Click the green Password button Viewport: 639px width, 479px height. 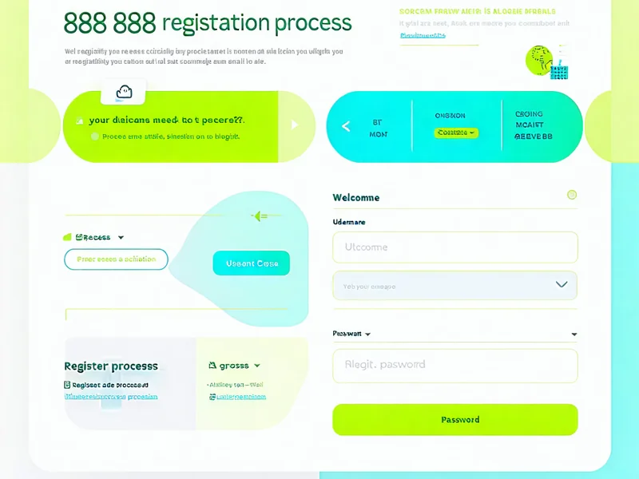(x=454, y=419)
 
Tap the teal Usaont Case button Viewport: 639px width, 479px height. (x=252, y=263)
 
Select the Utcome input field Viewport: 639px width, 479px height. (x=454, y=247)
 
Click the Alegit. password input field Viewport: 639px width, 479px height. (x=454, y=365)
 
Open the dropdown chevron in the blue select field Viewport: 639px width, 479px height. (x=562, y=285)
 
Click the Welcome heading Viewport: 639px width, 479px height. (x=356, y=197)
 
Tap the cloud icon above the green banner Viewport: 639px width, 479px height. (x=123, y=92)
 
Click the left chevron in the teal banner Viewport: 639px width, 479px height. (x=346, y=126)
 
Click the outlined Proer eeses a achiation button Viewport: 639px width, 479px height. (x=116, y=259)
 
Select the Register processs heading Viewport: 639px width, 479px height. (x=111, y=366)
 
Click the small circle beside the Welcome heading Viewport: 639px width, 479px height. (x=571, y=195)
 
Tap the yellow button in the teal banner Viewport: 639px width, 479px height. (x=456, y=133)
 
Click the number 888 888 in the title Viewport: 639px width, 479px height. (x=109, y=22)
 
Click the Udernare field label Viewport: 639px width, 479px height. (x=348, y=222)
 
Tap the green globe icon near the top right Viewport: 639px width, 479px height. (x=538, y=59)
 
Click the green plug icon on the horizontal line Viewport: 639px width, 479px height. (x=259, y=216)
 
